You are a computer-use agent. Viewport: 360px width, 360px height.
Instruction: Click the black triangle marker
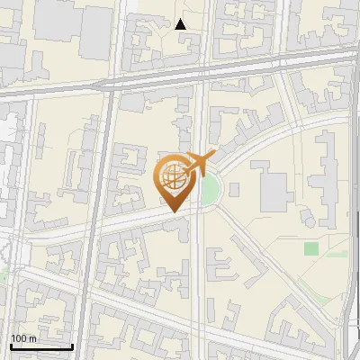(181, 24)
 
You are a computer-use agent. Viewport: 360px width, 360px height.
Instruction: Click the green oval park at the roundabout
(211, 190)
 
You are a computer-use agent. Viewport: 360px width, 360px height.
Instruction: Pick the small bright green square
(311, 248)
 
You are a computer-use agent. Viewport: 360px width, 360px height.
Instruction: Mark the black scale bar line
(41, 346)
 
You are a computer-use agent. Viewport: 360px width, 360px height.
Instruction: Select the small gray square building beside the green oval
(234, 189)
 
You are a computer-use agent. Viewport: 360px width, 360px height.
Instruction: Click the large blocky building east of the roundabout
(274, 182)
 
